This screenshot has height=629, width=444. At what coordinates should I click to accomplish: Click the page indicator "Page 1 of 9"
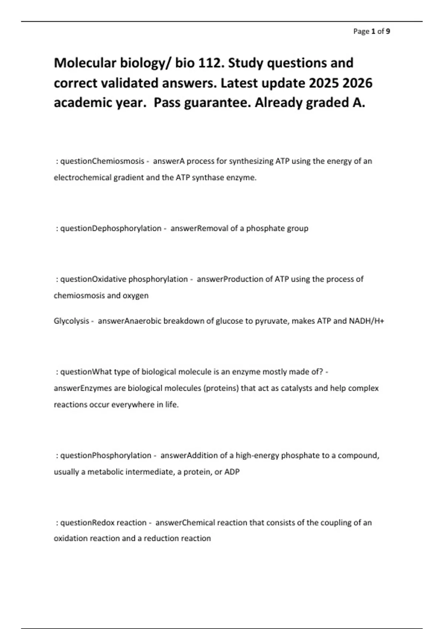point(371,31)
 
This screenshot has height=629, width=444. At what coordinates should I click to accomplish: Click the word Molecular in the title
point(85,63)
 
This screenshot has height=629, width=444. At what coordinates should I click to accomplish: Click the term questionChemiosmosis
point(102,161)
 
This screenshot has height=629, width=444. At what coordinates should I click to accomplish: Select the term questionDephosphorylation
point(111,228)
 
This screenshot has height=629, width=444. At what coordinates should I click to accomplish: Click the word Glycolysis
point(71,321)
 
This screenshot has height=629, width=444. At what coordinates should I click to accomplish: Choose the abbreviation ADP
point(232,472)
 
